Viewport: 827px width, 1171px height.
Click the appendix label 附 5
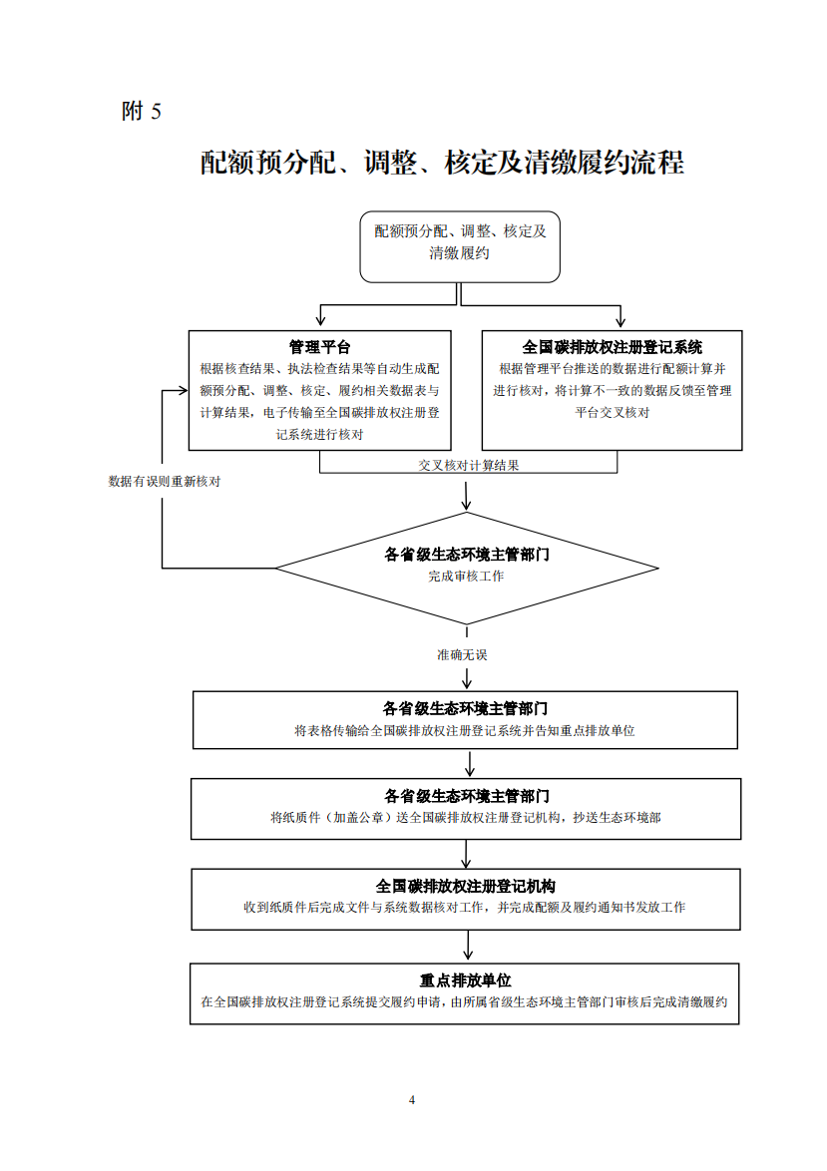pyautogui.click(x=141, y=112)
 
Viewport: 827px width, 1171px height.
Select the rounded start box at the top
pyautogui.click(x=459, y=245)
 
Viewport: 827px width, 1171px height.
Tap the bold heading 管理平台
pyautogui.click(x=319, y=347)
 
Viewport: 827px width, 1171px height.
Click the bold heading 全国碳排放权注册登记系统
pyautogui.click(x=612, y=347)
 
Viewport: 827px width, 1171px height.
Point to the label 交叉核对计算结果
pyautogui.click(x=468, y=465)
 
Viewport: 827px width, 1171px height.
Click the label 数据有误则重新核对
pyautogui.click(x=164, y=481)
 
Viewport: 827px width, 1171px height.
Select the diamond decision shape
pyautogui.click(x=466, y=569)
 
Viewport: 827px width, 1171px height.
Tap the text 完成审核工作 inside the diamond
pyautogui.click(x=466, y=577)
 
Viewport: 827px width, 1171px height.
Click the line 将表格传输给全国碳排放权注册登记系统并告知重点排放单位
pyautogui.click(x=465, y=730)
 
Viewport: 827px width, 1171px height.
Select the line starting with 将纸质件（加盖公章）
pyautogui.click(x=465, y=817)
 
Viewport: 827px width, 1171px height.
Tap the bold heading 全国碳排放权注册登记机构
pyautogui.click(x=465, y=886)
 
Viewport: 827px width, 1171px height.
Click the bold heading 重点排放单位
pyautogui.click(x=465, y=980)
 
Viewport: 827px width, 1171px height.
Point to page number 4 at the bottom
pyautogui.click(x=412, y=1099)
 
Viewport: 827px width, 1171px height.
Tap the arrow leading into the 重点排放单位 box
pyautogui.click(x=466, y=953)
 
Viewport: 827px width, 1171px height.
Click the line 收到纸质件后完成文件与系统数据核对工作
pyautogui.click(x=465, y=908)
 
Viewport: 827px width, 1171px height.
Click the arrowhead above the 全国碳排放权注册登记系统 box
pyautogui.click(x=620, y=321)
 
